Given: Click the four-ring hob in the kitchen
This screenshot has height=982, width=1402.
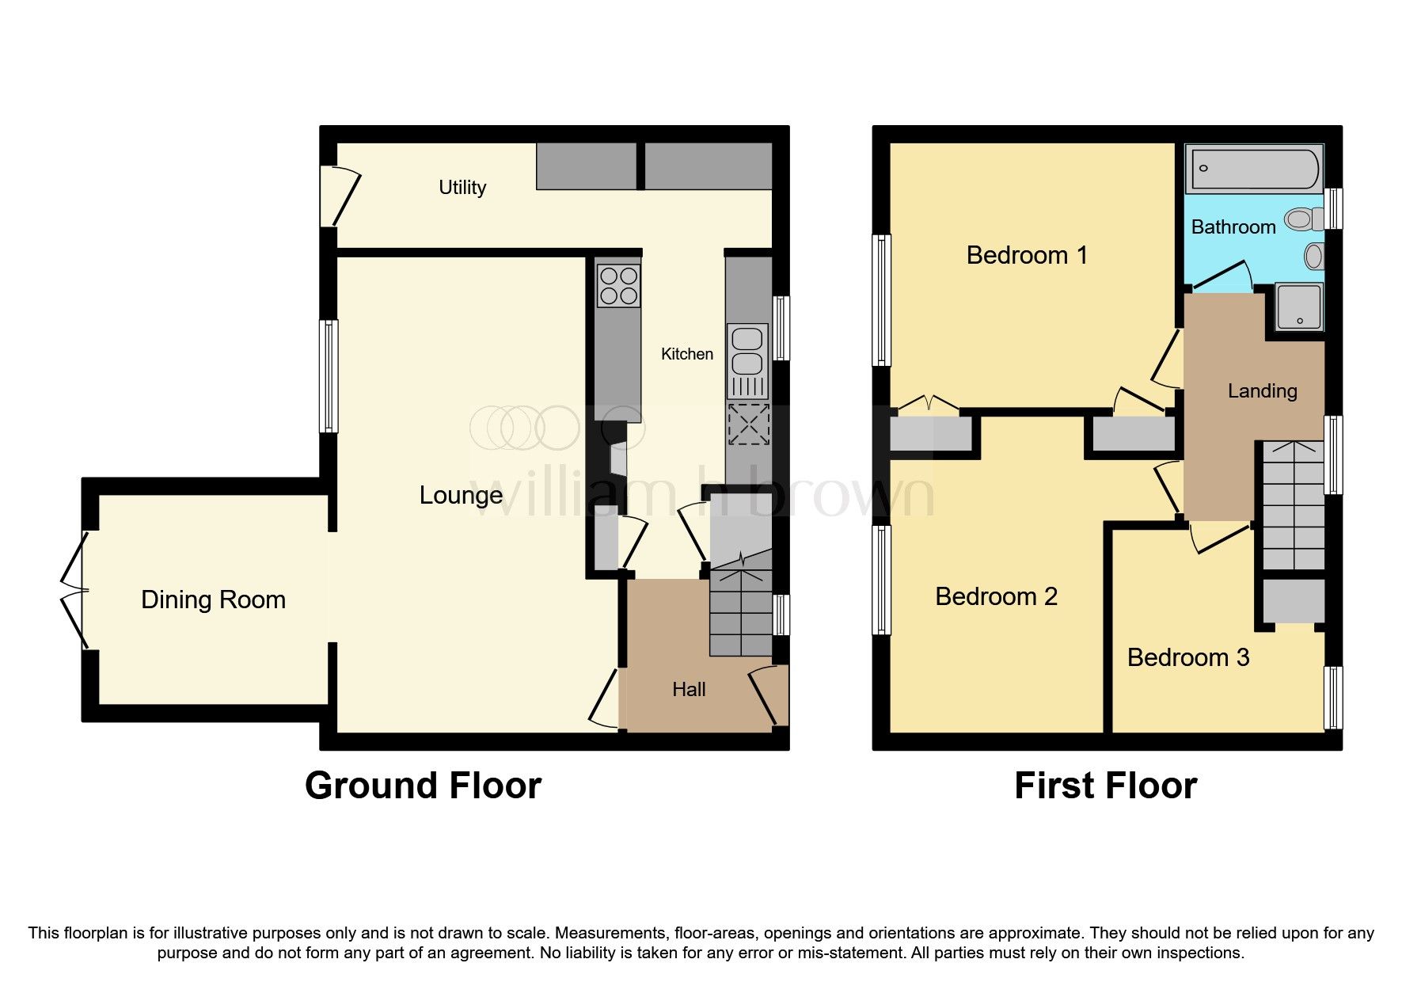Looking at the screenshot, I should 618,286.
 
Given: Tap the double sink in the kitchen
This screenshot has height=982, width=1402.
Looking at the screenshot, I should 747,350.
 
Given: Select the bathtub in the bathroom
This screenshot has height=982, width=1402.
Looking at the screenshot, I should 1254,169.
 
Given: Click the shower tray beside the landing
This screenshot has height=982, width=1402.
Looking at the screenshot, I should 1298,306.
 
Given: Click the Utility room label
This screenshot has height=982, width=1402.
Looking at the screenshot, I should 462,188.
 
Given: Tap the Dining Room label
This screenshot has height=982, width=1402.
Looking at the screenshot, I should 213,599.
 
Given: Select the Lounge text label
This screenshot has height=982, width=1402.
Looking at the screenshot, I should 461,495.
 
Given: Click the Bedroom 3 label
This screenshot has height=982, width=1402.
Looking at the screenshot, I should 1187,657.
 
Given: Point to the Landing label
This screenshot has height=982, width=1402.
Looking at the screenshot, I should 1262,390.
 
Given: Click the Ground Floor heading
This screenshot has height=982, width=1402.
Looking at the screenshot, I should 423,786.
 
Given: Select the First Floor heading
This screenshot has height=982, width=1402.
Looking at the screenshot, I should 1105,786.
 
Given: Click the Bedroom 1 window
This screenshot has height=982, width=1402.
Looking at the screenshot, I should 881,300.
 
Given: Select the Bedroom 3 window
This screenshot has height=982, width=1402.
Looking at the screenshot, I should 1334,697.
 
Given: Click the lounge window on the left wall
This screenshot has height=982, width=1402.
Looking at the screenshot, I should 329,375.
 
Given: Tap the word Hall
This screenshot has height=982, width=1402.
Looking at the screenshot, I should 689,690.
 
